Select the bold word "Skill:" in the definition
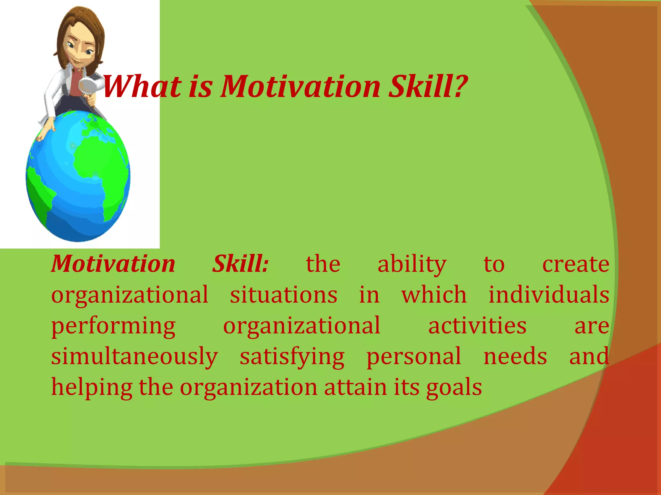coord(240,264)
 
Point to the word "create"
coord(575,264)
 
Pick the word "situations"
coord(283,295)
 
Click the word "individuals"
coord(548,295)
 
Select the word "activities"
coord(477,325)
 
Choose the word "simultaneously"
coord(135,357)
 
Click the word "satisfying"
coord(292,357)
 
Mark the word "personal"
coord(414,357)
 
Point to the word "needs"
coord(515,356)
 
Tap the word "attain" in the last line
coord(355,387)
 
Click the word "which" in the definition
coord(434,295)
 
